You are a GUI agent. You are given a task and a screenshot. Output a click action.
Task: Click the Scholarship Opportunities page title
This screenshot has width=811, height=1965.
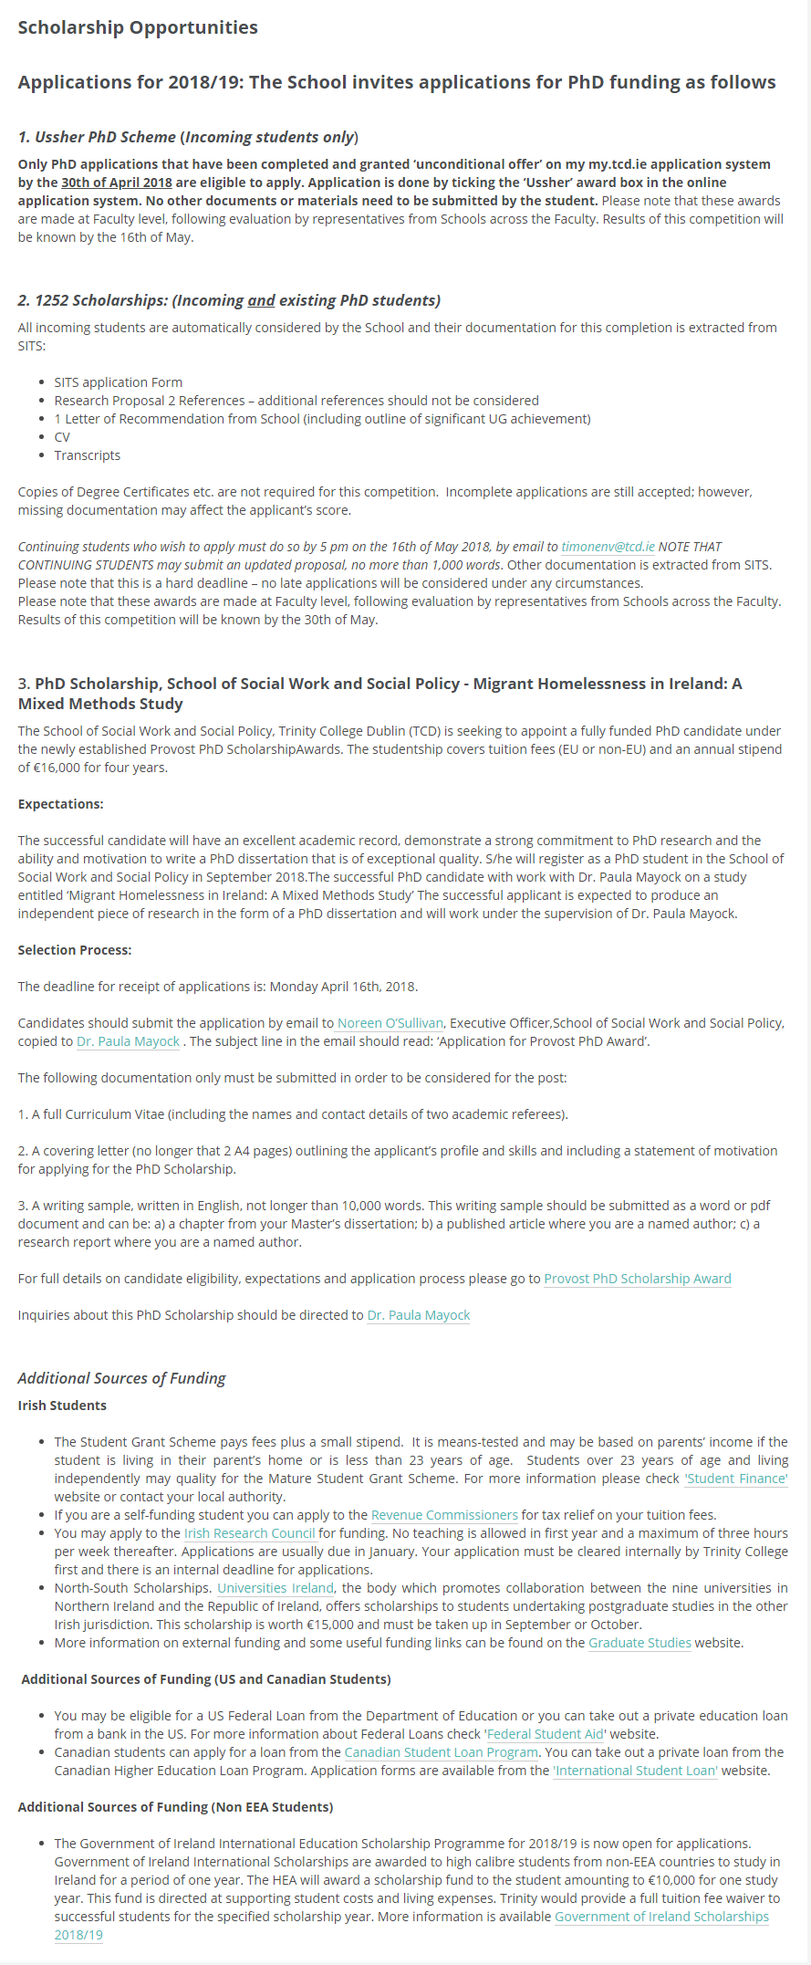point(138,27)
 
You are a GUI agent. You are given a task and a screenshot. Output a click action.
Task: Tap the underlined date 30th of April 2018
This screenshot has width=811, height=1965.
point(117,183)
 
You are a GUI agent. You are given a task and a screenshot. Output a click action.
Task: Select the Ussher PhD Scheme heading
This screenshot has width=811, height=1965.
point(188,137)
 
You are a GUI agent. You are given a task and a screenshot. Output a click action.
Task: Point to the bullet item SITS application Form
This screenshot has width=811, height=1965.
point(118,382)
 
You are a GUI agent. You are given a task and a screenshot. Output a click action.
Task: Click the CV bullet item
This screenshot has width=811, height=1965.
point(62,437)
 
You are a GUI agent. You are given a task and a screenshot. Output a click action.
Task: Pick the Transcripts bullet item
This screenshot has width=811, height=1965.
point(87,455)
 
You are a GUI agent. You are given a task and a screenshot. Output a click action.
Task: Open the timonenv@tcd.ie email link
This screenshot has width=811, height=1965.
point(608,547)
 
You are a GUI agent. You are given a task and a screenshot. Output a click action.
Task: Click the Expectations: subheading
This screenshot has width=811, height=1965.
point(61,804)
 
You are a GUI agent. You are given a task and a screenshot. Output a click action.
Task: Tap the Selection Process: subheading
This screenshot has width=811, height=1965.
point(75,950)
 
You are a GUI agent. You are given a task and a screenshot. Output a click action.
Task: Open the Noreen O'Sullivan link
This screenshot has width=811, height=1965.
point(390,1023)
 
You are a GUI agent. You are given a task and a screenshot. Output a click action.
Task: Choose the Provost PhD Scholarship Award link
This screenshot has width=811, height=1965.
point(638,1279)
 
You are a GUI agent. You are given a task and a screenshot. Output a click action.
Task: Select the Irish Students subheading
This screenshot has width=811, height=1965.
point(62,1406)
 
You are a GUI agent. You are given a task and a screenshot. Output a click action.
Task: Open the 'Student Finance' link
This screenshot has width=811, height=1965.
point(735,1479)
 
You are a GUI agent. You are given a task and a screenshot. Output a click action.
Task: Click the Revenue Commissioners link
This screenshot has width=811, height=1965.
point(444,1515)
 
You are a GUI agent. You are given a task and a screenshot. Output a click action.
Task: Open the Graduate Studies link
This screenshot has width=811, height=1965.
point(639,1643)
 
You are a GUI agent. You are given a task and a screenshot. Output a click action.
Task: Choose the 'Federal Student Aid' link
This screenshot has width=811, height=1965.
point(545,1734)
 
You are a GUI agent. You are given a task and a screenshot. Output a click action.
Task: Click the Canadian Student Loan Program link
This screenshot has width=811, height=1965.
point(442,1752)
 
